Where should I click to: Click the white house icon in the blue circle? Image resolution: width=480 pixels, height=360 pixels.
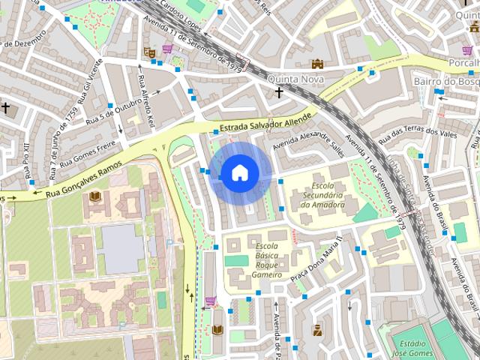[x=239, y=173]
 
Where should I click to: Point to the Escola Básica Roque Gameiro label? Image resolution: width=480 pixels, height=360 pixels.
[x=268, y=261]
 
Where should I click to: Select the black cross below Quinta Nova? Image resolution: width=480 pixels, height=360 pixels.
[x=279, y=93]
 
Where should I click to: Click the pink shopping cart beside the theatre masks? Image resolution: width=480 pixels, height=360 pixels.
[x=167, y=49]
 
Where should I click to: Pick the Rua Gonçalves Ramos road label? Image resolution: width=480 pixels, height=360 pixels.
[x=83, y=180]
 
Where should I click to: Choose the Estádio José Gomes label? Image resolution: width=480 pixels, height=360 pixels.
[x=412, y=347]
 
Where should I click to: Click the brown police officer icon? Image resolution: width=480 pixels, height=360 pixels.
[x=318, y=329]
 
